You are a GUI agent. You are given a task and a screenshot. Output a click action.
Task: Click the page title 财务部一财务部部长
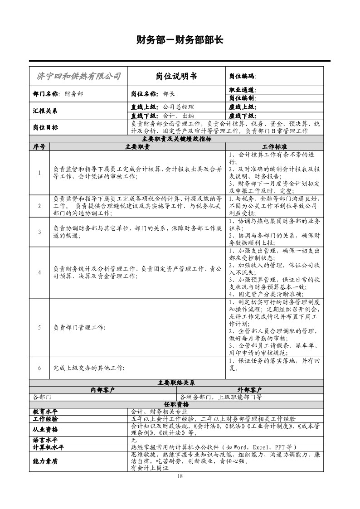(180, 39)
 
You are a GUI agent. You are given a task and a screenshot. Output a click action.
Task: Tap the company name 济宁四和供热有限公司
(78, 76)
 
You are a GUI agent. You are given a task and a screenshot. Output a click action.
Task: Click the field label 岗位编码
(243, 76)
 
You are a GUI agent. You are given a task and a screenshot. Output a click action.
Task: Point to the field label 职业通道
(243, 90)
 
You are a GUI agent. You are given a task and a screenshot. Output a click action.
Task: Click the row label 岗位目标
(45, 127)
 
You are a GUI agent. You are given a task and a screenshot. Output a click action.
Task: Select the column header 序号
(39, 147)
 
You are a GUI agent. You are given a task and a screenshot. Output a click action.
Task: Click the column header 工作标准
(274, 147)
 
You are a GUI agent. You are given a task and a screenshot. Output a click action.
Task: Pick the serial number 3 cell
(39, 232)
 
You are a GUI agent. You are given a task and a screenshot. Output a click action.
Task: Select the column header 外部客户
(250, 390)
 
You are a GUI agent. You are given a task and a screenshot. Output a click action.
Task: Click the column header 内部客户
(102, 390)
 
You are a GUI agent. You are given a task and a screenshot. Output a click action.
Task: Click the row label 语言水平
(45, 440)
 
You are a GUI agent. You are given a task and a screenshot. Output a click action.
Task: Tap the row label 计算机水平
(48, 447)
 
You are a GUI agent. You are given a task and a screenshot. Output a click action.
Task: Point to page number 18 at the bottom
(180, 475)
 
